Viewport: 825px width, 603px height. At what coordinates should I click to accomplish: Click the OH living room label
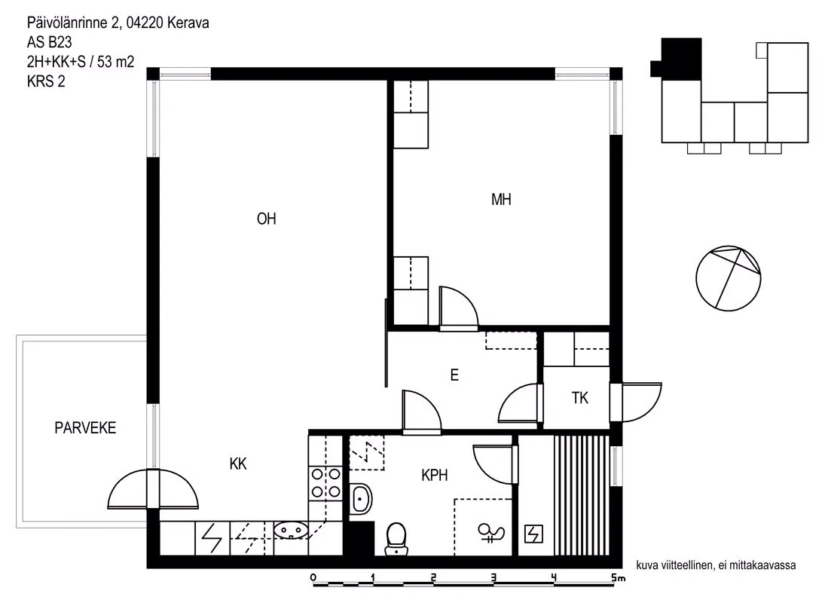tap(266, 219)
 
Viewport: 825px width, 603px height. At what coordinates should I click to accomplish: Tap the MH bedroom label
tap(501, 200)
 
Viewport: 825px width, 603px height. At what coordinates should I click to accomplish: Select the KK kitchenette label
tap(238, 464)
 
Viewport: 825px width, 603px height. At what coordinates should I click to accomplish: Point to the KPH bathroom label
tap(435, 475)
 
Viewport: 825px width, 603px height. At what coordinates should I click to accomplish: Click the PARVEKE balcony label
tap(85, 428)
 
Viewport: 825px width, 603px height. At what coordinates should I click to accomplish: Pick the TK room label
tap(580, 398)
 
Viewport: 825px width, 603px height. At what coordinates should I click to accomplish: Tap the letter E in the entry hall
tap(454, 375)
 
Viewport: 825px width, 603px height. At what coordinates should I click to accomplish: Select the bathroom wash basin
tap(361, 498)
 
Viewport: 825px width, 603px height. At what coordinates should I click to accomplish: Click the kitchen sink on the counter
tap(290, 530)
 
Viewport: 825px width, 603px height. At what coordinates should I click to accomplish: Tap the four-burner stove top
tap(325, 484)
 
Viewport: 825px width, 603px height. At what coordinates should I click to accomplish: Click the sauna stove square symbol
tap(534, 534)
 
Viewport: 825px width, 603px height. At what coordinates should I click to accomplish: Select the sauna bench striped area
tap(581, 495)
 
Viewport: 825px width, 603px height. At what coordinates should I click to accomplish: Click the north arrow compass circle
tap(729, 278)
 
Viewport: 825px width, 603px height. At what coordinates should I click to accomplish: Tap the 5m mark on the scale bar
tap(618, 577)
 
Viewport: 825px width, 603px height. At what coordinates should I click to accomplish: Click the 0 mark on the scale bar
tap(313, 577)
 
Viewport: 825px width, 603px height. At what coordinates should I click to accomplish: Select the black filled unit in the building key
tap(677, 60)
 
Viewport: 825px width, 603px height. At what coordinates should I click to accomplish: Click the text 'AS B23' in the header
tap(50, 42)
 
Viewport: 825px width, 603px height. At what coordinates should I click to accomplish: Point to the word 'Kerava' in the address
tap(188, 23)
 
